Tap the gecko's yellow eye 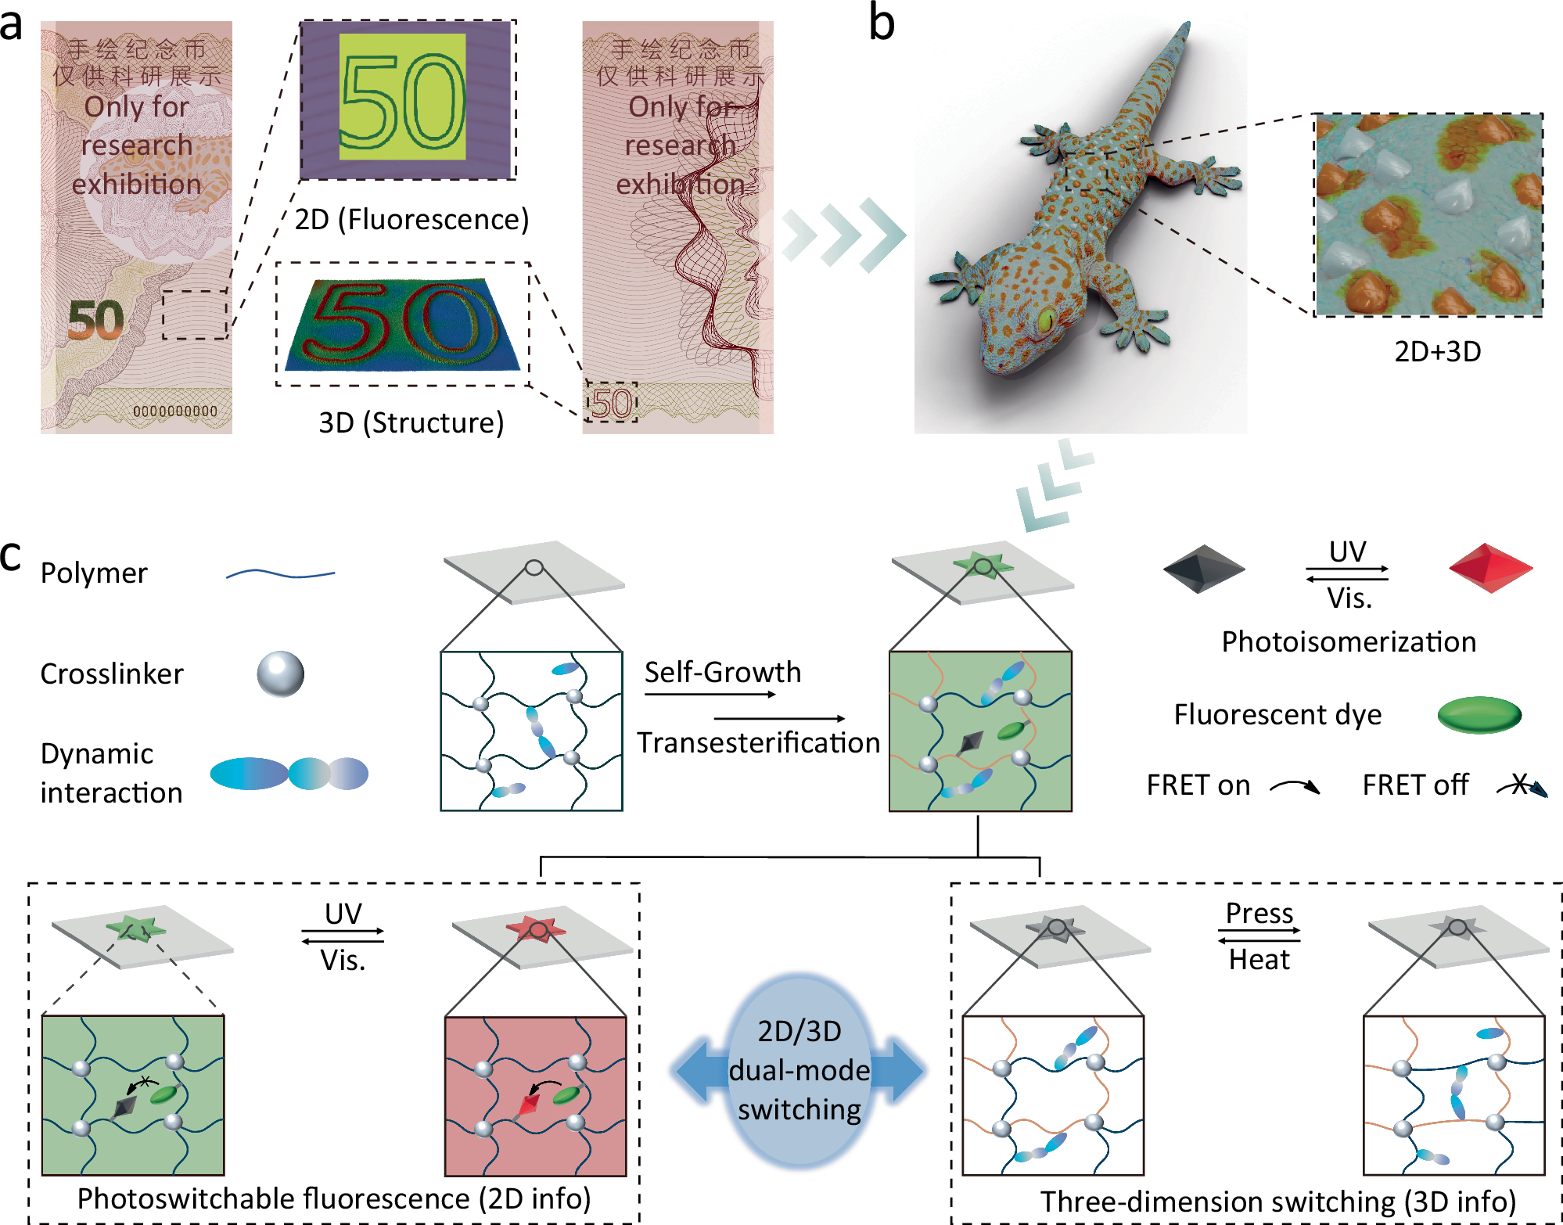coord(1044,319)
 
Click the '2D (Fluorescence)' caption coord(411,220)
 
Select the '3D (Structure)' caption coord(411,423)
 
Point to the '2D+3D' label coord(1438,352)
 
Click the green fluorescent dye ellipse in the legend coord(1479,714)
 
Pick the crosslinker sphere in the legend coord(280,674)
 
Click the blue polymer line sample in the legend coord(280,575)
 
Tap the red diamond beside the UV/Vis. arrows coord(1490,569)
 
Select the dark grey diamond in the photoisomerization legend coord(1203,569)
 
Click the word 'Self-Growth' coord(723,672)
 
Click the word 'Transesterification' coord(758,742)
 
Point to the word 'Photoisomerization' coord(1349,641)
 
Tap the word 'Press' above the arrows coord(1259,913)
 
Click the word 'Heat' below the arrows coord(1259,959)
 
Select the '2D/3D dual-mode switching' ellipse coord(799,1070)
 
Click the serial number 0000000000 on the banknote coord(175,411)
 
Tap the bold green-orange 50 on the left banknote coord(95,320)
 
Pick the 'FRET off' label coord(1415,785)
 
